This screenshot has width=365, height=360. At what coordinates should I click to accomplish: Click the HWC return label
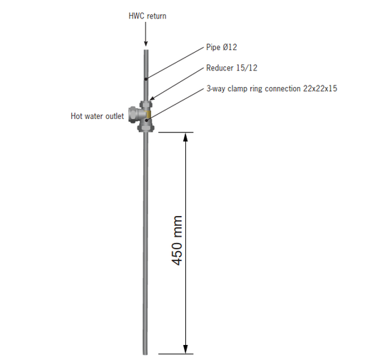(x=148, y=16)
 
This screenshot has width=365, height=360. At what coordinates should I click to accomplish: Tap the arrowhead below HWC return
(x=146, y=43)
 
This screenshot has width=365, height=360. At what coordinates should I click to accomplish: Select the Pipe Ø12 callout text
(x=222, y=47)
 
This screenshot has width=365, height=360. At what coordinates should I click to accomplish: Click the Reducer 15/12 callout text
(x=232, y=68)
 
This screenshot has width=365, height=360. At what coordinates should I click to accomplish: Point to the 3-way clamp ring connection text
(x=272, y=88)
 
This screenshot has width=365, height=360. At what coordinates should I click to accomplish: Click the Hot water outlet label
(x=98, y=116)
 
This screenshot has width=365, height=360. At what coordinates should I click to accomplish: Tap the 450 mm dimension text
(x=177, y=240)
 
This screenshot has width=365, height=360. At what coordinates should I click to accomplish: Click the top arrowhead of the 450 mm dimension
(x=185, y=137)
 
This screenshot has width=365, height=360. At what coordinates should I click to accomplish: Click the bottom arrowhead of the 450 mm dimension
(x=185, y=349)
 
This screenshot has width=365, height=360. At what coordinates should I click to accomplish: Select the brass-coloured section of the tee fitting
(x=148, y=115)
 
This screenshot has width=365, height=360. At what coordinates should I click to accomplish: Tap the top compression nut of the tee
(x=145, y=104)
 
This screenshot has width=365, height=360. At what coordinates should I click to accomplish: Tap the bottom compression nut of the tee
(x=145, y=128)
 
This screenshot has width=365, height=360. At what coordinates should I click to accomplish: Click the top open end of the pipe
(x=146, y=50)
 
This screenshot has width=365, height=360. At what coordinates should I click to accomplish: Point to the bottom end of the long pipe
(x=145, y=354)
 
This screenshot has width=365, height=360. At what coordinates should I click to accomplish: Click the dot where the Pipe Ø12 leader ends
(x=146, y=78)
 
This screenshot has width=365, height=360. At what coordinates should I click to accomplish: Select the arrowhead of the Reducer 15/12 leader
(x=153, y=98)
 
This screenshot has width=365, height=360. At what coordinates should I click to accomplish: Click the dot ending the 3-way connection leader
(x=147, y=120)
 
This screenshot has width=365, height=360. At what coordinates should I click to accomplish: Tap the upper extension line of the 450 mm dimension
(x=176, y=132)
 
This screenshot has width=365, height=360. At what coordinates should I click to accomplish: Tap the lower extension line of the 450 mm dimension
(x=176, y=354)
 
